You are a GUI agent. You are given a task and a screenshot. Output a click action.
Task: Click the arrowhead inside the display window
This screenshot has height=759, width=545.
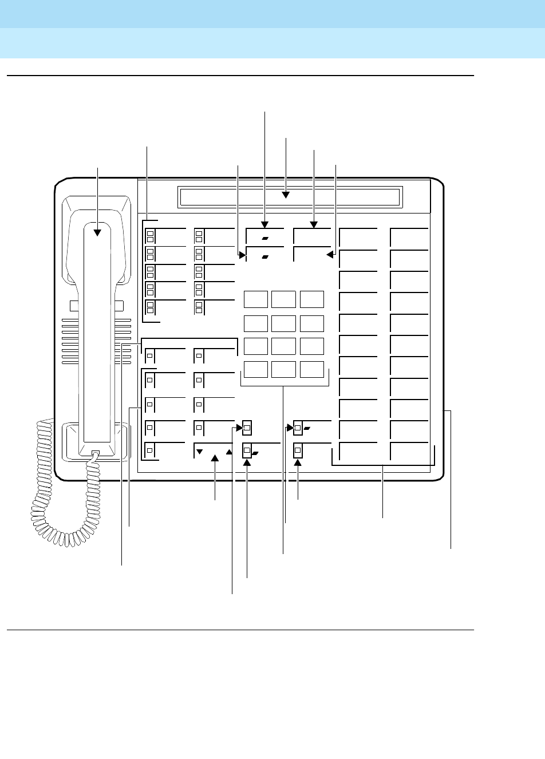[x=286, y=197]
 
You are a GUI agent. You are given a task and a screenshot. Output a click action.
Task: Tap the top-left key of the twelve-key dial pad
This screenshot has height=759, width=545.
[x=255, y=299]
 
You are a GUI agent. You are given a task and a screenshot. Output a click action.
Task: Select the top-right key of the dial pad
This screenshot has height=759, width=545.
[x=311, y=299]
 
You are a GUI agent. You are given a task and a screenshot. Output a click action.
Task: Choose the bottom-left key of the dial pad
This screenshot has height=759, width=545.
[x=255, y=369]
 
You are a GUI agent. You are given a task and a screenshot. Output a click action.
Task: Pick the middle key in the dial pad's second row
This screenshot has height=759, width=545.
[x=283, y=323]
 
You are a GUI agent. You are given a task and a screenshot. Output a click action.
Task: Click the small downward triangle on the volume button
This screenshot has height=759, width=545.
[x=200, y=452]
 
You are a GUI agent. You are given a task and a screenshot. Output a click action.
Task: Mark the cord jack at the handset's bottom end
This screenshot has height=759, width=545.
[x=95, y=454]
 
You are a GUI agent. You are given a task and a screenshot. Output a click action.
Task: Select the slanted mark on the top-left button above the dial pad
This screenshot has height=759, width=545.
[x=264, y=237]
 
